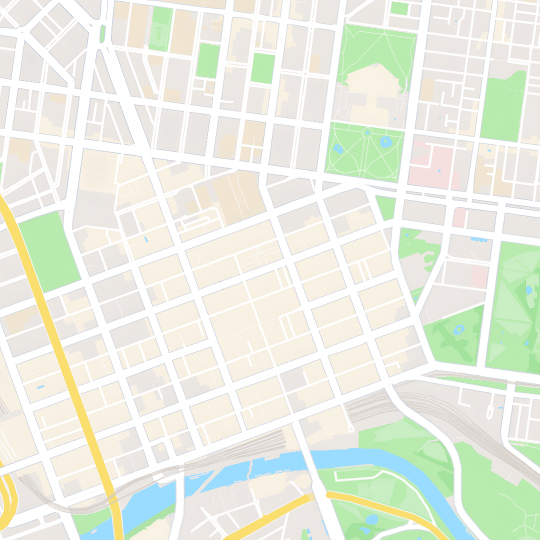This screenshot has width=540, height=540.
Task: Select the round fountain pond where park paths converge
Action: [367, 132]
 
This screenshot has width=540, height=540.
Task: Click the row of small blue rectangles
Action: [478, 239]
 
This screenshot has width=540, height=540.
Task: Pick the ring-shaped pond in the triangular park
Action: [459, 329]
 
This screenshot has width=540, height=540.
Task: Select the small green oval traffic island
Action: [102, 34]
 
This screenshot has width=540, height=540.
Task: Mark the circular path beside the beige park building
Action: [343, 112]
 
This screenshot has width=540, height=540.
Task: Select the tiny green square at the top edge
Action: [399, 8]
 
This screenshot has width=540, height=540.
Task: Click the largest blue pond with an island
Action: [386, 141]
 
